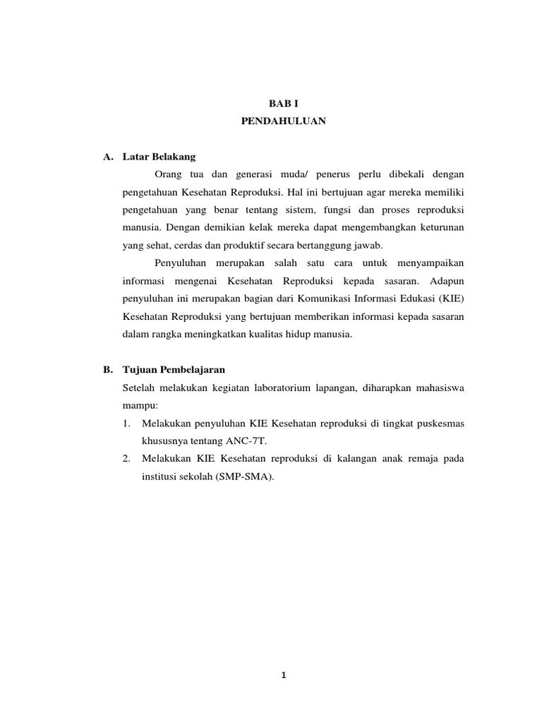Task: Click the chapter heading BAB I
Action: [x=282, y=103]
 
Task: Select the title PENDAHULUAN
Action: [x=282, y=121]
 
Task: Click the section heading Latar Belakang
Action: [x=159, y=156]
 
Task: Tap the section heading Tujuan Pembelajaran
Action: [x=174, y=369]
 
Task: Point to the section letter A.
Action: [x=107, y=156]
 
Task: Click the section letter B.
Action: [x=107, y=369]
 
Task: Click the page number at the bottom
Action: [x=283, y=674]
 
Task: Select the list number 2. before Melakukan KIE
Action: [x=126, y=458]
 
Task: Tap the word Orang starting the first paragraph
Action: [x=168, y=174]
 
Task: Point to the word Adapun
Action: [x=445, y=281]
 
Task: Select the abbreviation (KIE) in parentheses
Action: [x=450, y=299]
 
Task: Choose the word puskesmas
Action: [x=439, y=423]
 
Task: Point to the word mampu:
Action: [x=141, y=405]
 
